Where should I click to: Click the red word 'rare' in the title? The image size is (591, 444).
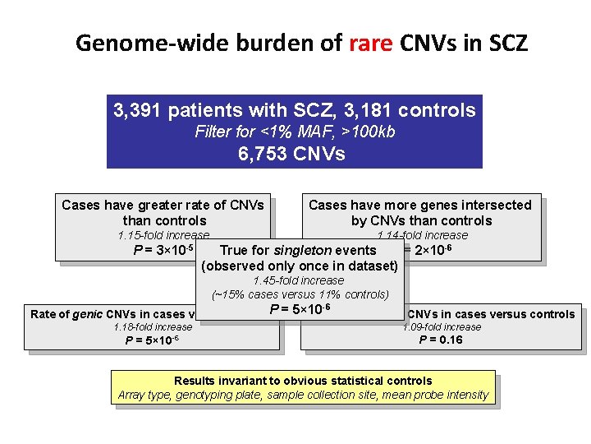(371, 43)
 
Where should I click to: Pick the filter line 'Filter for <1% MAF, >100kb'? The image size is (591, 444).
(295, 132)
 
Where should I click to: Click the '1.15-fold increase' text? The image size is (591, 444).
(164, 236)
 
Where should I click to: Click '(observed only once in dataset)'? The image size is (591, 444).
(299, 266)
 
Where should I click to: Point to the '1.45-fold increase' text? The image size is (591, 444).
(299, 281)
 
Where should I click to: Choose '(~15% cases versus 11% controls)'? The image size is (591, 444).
(300, 294)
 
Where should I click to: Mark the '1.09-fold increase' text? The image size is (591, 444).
(442, 327)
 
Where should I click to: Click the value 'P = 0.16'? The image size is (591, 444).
(441, 340)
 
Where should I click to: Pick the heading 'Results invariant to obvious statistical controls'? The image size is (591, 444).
(303, 382)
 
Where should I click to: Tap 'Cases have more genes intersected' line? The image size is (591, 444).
(419, 206)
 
